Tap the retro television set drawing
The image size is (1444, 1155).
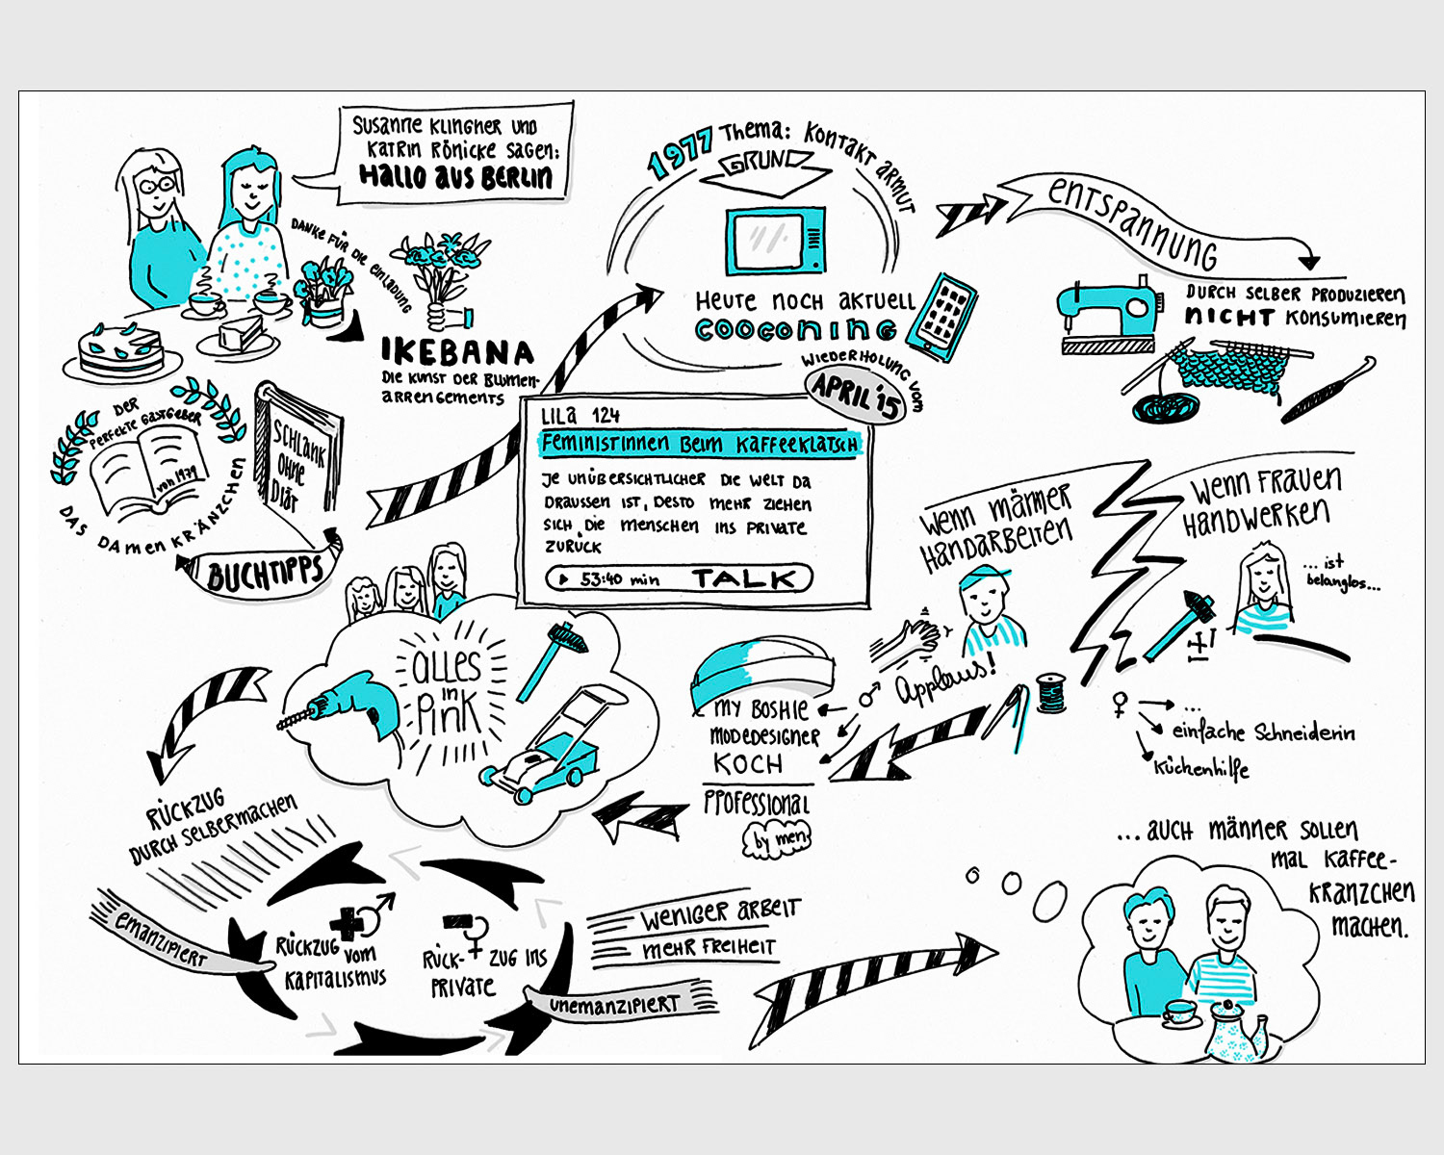tap(775, 240)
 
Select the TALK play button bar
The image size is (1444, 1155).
tap(679, 578)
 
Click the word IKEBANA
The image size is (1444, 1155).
tap(457, 352)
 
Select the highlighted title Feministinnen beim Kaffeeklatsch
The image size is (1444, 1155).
tap(699, 444)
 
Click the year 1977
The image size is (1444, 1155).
tap(680, 153)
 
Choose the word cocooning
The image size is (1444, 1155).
tap(795, 330)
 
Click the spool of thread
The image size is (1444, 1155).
tap(1052, 692)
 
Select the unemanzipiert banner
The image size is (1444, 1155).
tap(616, 1004)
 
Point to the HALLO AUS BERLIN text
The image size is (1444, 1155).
tap(455, 176)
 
